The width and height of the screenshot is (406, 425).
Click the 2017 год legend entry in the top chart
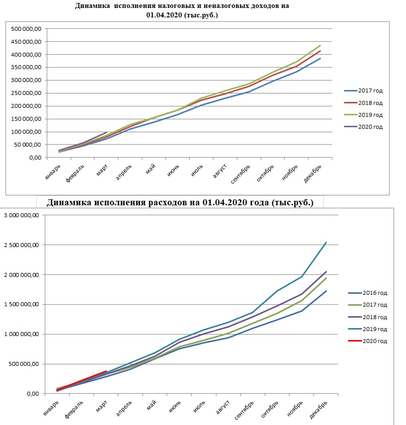tap(363, 90)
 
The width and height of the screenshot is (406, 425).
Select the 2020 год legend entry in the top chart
tap(363, 127)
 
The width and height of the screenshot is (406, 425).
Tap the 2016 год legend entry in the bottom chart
tap(368, 293)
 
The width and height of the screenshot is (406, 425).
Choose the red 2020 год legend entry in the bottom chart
tap(368, 341)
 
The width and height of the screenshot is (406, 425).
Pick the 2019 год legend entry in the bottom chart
tap(368, 329)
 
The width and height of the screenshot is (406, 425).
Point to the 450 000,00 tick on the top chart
tap(26, 42)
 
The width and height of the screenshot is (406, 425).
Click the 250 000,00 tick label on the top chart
tap(26, 93)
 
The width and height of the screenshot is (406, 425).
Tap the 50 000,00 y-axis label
tap(28, 145)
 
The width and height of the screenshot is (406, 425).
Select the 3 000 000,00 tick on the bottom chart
tap(21, 215)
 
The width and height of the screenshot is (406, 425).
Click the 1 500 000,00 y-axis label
tap(21, 304)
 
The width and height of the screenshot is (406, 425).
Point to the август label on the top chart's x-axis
tap(219, 171)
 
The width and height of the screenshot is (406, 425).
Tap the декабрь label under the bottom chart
tap(318, 410)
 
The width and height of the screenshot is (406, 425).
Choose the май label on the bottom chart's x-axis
tap(152, 405)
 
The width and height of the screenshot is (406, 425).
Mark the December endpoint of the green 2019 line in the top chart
tap(320, 46)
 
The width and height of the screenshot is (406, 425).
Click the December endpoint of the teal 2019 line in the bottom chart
tap(326, 243)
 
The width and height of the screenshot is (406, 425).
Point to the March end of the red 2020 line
tap(106, 371)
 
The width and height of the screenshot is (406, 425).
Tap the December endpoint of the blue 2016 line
tap(326, 291)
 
